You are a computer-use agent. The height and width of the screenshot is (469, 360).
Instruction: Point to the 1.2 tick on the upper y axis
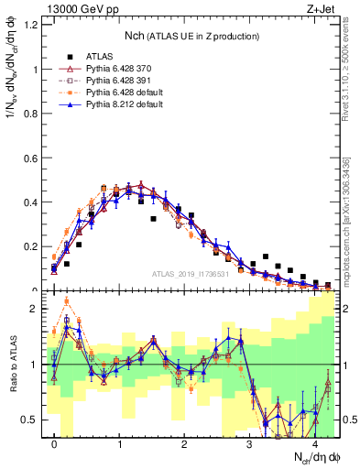point(31,25)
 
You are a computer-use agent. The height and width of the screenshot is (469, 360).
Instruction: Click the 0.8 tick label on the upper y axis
point(31,114)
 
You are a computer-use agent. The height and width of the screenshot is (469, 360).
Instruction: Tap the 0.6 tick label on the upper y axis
point(31,158)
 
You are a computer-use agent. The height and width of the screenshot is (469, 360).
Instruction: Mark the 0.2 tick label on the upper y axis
point(31,247)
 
